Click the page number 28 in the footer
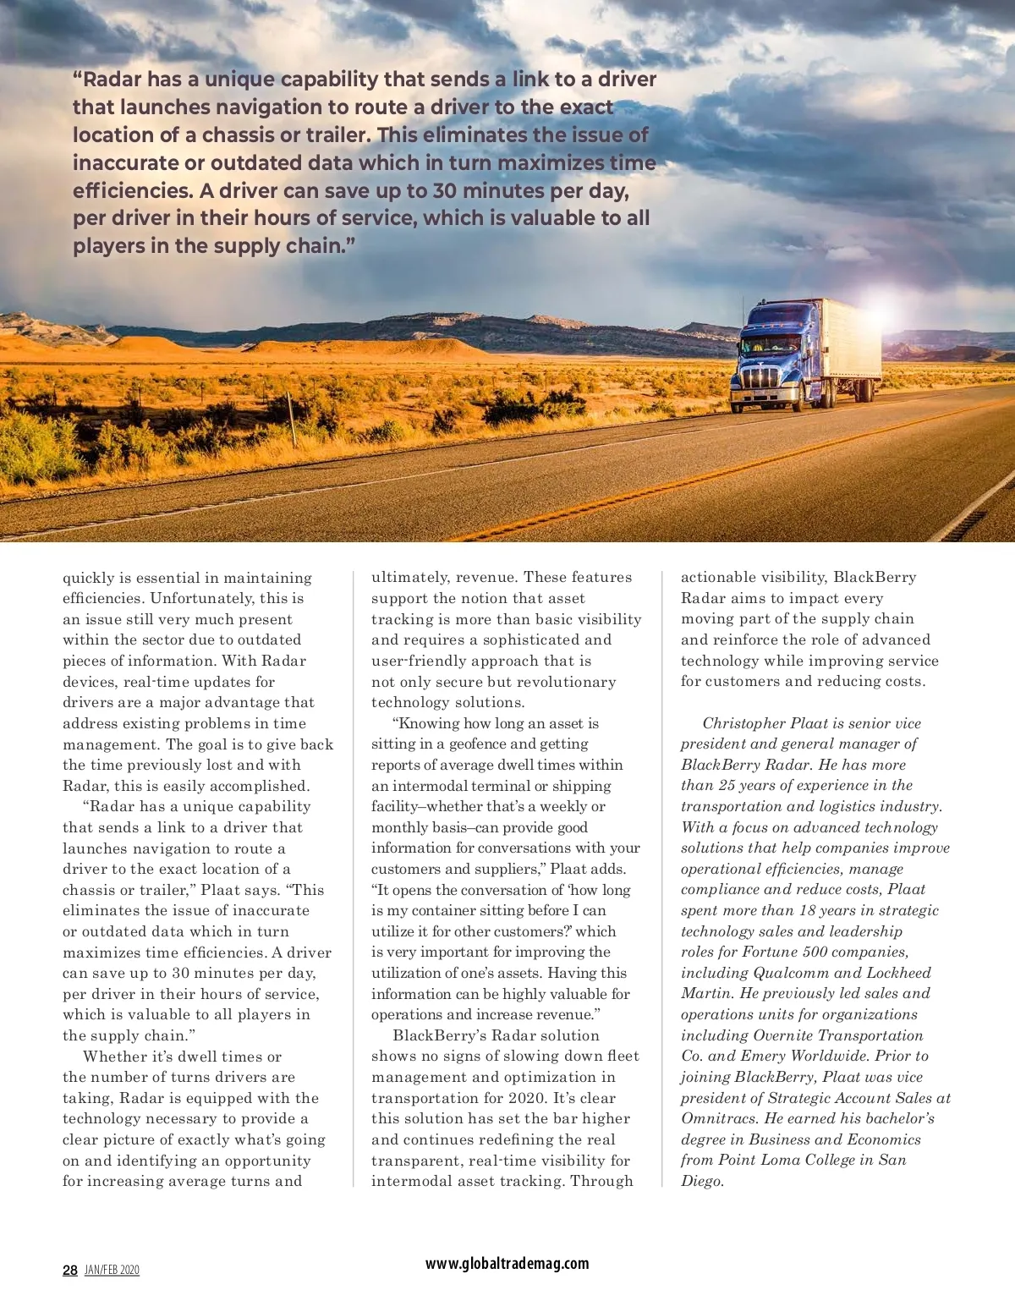(70, 1270)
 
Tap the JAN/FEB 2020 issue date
(112, 1270)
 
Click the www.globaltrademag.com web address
(507, 1263)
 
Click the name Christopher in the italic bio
(744, 723)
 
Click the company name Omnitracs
(721, 1118)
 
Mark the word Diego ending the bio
(701, 1181)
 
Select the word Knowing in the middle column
(428, 723)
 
